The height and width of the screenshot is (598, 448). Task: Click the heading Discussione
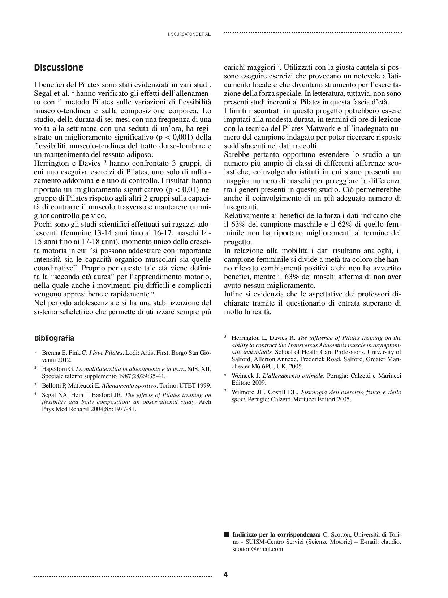point(59,68)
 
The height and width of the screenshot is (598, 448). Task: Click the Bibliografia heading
point(54,338)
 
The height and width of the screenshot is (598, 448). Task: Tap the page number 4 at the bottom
point(226,574)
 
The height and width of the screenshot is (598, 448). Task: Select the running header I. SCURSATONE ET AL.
point(190,35)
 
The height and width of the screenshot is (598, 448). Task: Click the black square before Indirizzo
point(227,534)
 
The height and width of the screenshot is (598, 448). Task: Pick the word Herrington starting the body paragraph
point(51,163)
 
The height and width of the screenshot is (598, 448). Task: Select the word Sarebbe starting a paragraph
point(236,155)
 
